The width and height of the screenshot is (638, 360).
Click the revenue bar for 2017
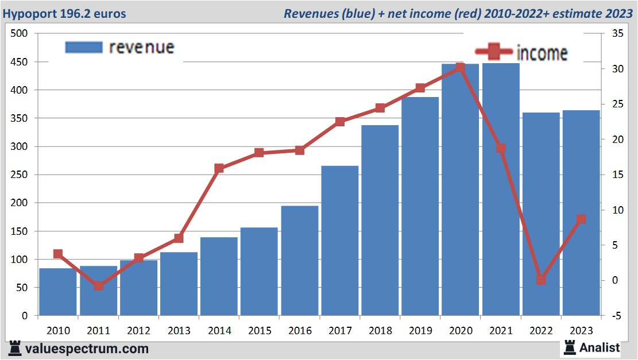click(340, 241)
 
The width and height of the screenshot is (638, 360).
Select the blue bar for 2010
click(58, 293)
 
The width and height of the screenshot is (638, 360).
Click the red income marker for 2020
click(460, 68)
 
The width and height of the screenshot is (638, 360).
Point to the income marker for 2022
click(541, 280)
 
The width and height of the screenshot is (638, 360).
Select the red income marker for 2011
click(99, 285)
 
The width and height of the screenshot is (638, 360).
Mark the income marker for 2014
click(219, 168)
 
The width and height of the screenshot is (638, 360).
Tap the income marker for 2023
click(581, 219)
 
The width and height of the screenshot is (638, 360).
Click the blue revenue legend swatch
click(84, 47)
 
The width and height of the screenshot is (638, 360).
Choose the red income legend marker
click(493, 52)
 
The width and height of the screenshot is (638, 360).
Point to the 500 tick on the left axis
click(20, 34)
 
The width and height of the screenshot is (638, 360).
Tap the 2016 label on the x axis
click(300, 331)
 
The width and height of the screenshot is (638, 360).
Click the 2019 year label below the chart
click(420, 331)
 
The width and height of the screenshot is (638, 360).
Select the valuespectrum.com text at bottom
click(86, 349)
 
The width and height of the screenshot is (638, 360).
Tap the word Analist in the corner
click(600, 347)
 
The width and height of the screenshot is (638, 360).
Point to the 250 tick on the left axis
click(20, 175)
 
